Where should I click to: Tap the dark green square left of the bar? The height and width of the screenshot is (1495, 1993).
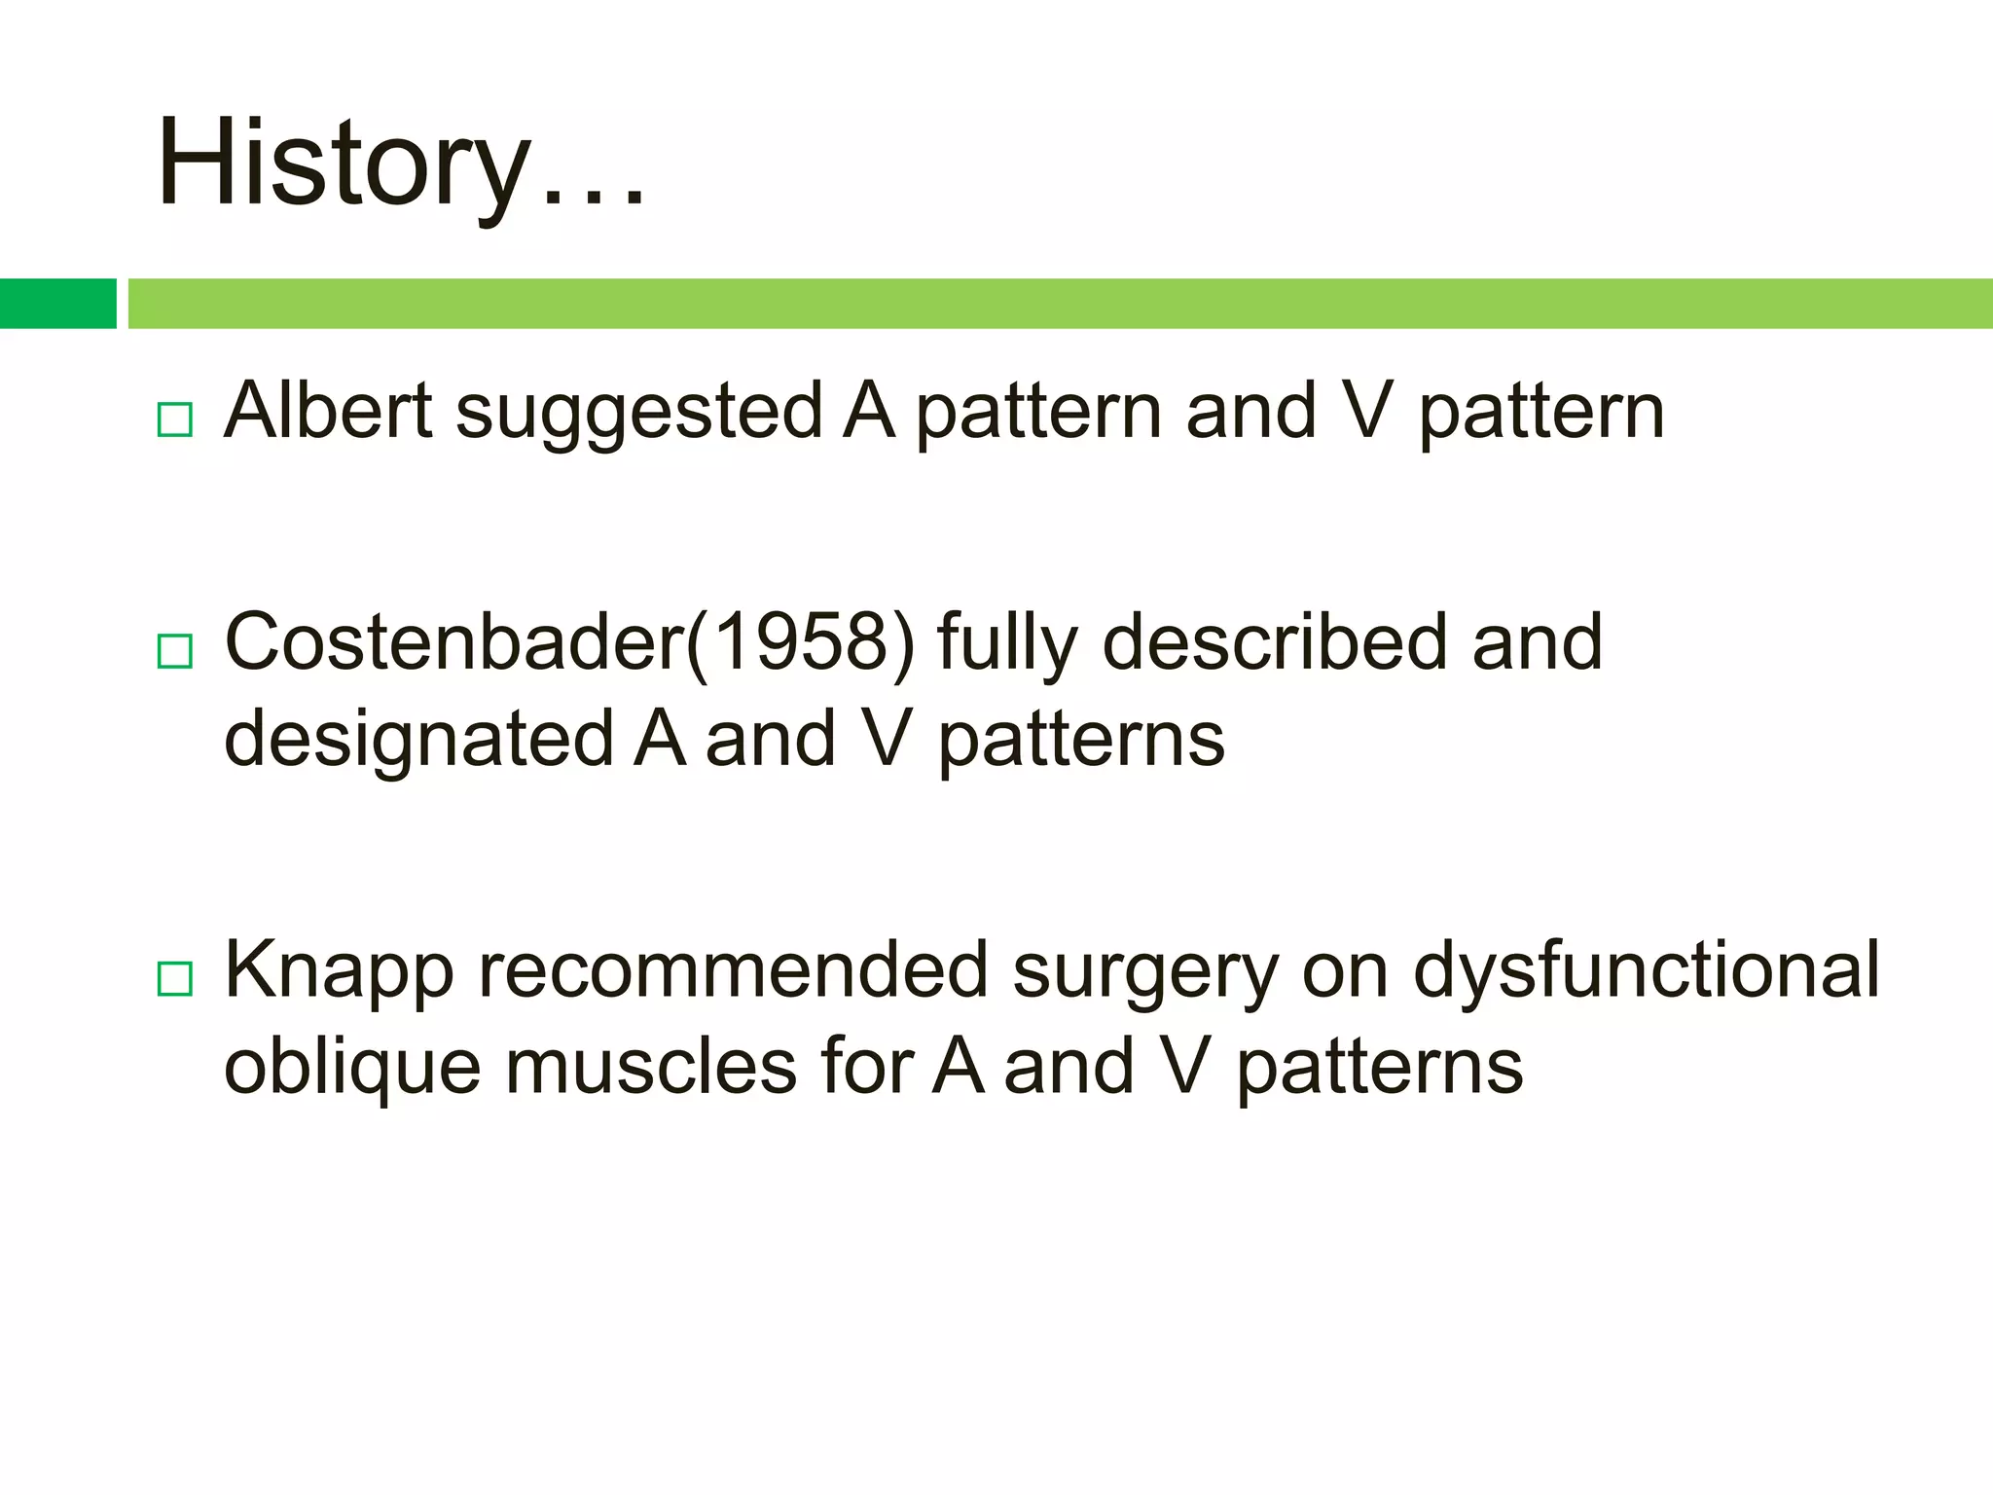(x=57, y=304)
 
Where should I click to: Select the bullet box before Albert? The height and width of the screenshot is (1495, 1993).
(x=175, y=419)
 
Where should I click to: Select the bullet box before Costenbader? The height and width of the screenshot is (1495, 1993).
(x=175, y=650)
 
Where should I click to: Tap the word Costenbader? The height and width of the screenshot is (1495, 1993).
(x=454, y=642)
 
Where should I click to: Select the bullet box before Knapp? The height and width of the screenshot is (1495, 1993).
(x=175, y=978)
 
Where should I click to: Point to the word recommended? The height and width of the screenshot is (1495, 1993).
(x=733, y=970)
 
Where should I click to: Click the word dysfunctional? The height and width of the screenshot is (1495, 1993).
(x=1646, y=970)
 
